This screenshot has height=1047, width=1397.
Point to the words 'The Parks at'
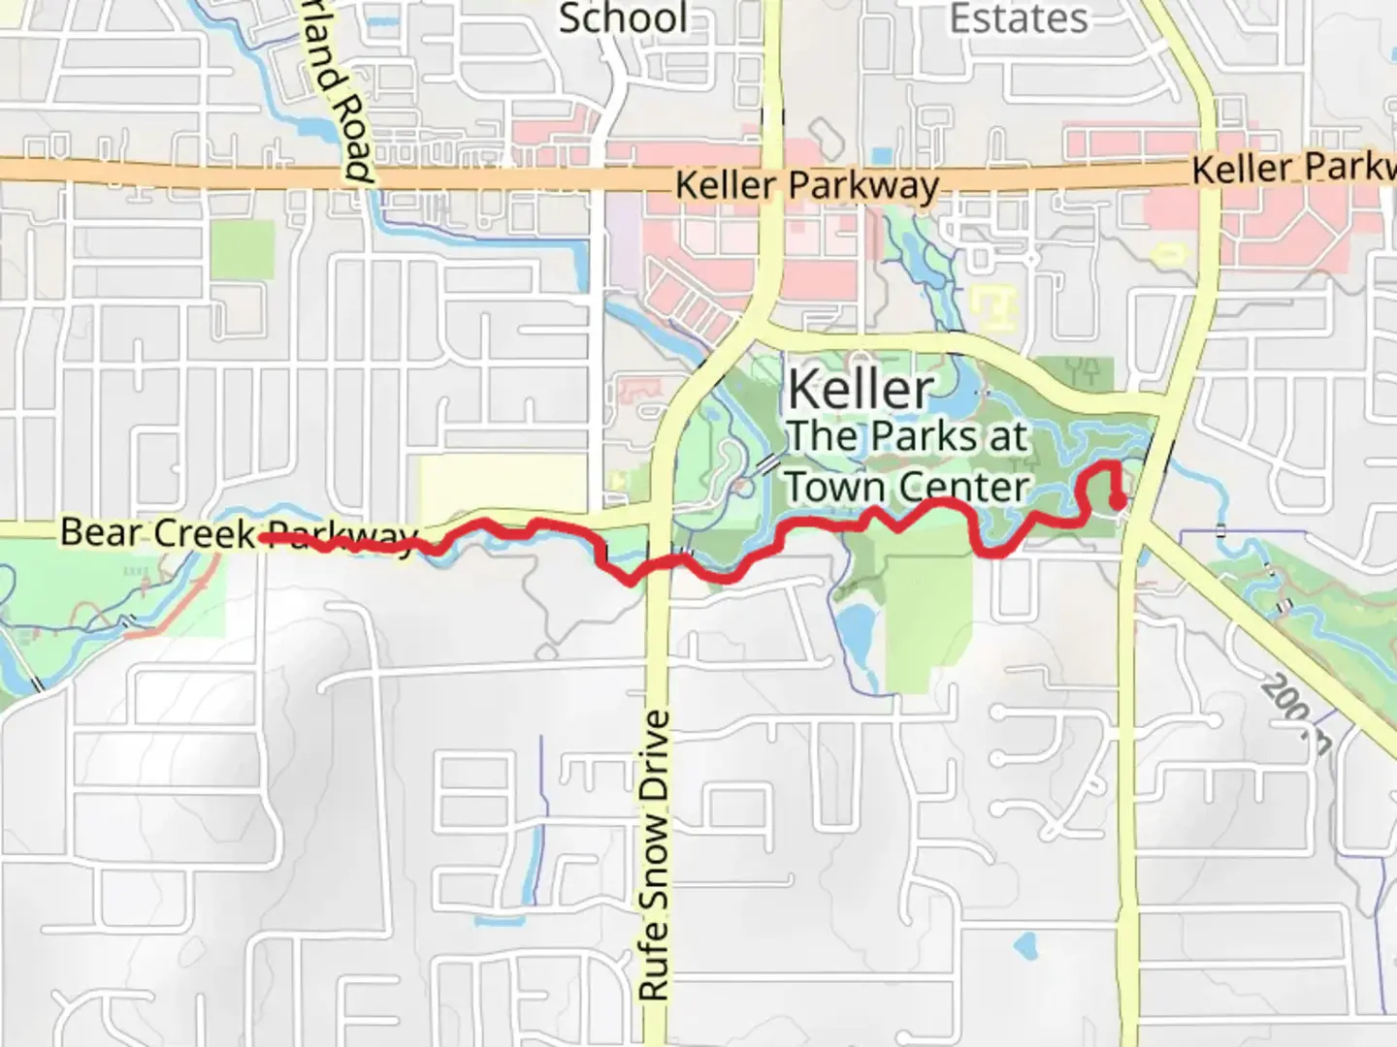point(907,436)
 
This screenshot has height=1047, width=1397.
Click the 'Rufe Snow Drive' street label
point(655,855)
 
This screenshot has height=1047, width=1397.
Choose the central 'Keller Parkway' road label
point(807,185)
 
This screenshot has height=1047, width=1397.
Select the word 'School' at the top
point(623,18)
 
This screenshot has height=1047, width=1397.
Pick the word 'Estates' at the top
point(1019,18)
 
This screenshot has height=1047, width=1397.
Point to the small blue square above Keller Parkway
point(881,155)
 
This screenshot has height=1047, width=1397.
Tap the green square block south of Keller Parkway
point(243,250)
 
